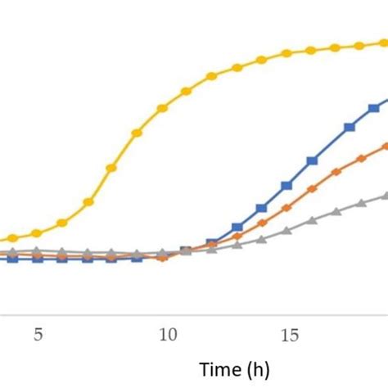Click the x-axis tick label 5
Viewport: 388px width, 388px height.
coord(37,335)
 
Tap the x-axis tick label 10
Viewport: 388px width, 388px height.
coord(167,335)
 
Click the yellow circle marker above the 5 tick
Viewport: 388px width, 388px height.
coord(36,233)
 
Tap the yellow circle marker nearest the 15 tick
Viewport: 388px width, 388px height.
coord(286,54)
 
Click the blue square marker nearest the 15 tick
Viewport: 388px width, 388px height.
coord(286,186)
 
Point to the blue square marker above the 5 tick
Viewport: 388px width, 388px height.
coord(36,259)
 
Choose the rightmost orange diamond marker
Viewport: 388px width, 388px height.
coord(385,146)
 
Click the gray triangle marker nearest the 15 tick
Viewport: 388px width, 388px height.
coord(286,231)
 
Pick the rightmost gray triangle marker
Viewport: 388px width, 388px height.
coord(385,195)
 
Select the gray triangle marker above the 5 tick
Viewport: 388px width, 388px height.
coord(36,250)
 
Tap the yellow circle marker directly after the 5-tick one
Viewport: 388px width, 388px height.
coord(61,223)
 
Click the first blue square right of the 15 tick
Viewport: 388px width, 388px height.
coord(312,160)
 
